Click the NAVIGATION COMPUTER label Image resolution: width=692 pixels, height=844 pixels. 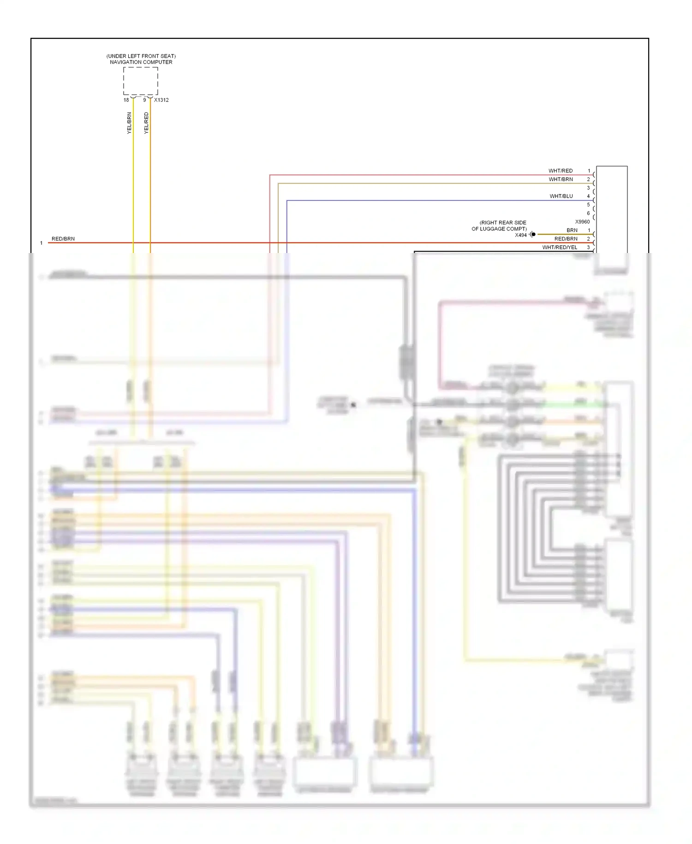tap(141, 62)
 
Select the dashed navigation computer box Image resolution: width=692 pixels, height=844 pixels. tap(141, 81)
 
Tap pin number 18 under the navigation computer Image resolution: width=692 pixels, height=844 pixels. tap(126, 100)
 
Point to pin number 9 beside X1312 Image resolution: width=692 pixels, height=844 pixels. tap(144, 100)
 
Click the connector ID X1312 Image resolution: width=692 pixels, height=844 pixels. tap(161, 100)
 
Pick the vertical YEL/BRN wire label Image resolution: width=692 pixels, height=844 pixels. tap(129, 123)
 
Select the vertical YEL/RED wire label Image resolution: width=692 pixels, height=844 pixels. tap(146, 123)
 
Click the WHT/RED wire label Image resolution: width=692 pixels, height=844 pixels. tap(561, 171)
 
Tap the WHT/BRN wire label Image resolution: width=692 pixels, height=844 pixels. tap(561, 179)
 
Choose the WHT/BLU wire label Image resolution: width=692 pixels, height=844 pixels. tap(561, 196)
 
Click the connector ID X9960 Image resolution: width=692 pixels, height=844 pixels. tap(582, 222)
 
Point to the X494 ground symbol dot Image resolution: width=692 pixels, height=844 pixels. tap(533, 235)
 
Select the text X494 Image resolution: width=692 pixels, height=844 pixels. tap(521, 235)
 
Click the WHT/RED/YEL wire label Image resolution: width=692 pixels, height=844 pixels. tap(560, 247)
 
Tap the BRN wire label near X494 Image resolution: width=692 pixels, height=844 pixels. tap(572, 230)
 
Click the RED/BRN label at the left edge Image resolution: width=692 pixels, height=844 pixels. tap(63, 239)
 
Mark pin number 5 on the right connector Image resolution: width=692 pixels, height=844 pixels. tap(588, 205)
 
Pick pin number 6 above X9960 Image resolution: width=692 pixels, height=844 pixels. tap(588, 213)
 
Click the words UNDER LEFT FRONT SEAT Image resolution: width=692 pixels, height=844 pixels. tap(141, 56)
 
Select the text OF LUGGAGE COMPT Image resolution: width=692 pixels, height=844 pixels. tap(499, 229)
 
